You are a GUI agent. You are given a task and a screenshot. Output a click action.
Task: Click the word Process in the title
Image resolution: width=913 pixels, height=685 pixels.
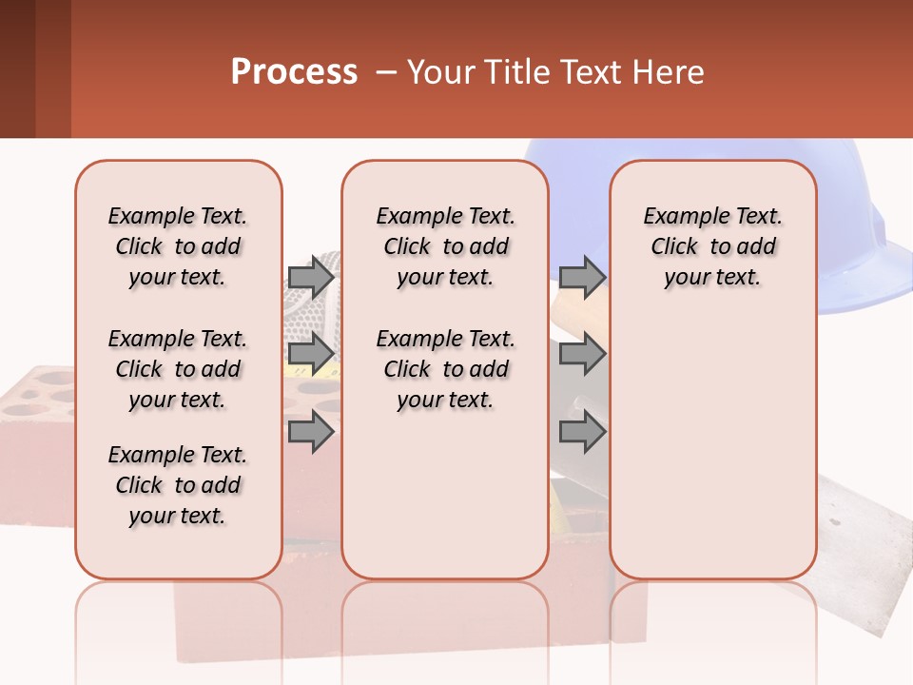tap(294, 72)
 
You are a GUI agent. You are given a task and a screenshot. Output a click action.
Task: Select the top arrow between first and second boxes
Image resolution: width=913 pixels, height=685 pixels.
tap(311, 277)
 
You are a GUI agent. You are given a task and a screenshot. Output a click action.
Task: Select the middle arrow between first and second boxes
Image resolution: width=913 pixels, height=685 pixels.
tap(311, 354)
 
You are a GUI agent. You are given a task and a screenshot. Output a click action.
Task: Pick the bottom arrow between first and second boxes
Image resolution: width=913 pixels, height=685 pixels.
tap(311, 432)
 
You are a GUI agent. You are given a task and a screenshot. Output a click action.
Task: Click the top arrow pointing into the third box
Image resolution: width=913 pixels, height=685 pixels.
tap(582, 277)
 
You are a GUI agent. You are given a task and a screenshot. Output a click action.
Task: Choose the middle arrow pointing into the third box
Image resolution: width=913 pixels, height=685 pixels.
tap(582, 354)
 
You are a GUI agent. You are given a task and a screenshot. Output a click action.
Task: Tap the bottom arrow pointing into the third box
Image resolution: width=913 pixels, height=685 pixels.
tap(582, 432)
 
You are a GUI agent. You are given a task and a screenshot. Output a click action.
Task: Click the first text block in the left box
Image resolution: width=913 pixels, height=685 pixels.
tap(178, 246)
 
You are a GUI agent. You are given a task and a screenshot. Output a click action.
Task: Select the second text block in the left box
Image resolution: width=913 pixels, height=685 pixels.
tap(178, 369)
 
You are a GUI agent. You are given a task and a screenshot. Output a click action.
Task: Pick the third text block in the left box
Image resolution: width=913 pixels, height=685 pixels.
tap(178, 485)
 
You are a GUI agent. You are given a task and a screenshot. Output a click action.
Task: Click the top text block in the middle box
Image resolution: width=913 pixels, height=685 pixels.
tap(445, 246)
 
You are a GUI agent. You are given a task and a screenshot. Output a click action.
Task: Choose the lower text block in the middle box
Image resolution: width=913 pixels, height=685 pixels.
tap(445, 369)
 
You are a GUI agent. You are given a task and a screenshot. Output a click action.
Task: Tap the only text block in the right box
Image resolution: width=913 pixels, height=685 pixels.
tap(712, 246)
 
